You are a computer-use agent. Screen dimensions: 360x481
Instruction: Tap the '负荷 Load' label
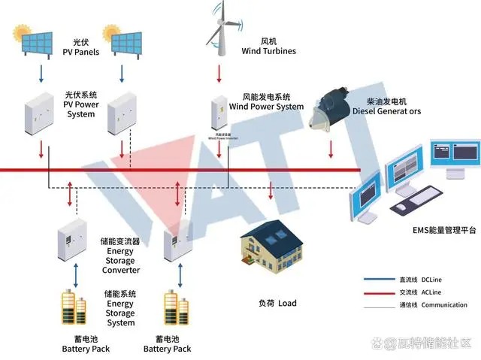pyautogui.click(x=277, y=303)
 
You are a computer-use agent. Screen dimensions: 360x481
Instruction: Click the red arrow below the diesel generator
pyautogui.click(x=331, y=151)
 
